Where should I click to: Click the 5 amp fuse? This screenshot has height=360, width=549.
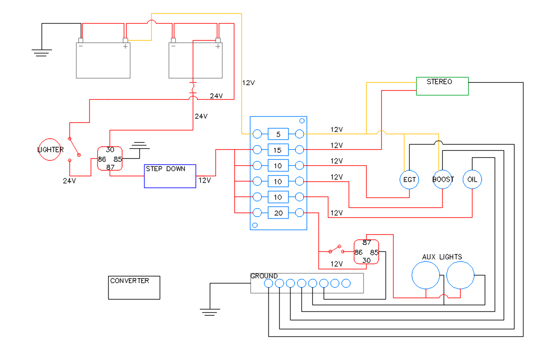tap(278, 134)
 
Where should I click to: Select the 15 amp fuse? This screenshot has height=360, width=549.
tap(278, 150)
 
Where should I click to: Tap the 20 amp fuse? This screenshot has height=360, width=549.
tap(278, 213)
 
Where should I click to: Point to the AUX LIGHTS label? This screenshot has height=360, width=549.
tap(442, 257)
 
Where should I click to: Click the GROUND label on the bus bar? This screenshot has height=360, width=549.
tap(264, 276)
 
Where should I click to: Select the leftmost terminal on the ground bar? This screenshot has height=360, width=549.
tap(268, 283)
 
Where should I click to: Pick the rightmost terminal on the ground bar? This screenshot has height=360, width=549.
tap(346, 283)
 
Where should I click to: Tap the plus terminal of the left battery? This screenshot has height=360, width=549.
tap(125, 40)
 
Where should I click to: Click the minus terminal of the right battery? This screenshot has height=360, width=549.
tap(173, 40)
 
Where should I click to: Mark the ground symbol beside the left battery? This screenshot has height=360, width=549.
tap(42, 53)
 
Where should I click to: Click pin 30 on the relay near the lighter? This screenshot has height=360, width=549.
tap(110, 150)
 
